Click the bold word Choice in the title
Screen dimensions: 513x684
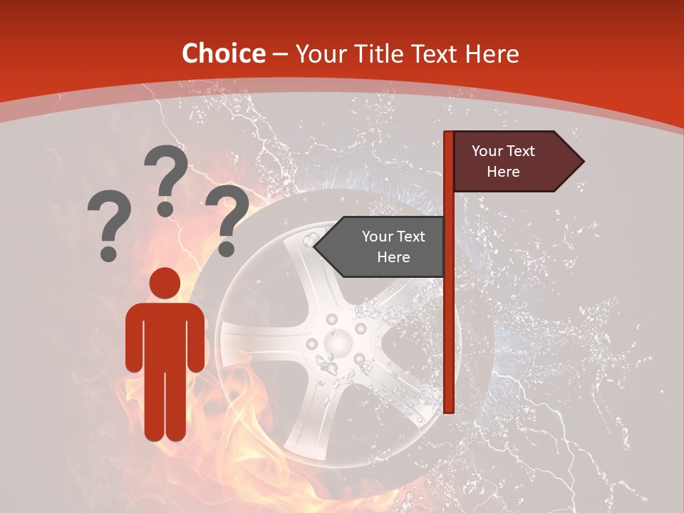pyautogui.click(x=223, y=54)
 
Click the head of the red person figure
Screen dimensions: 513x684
pyautogui.click(x=165, y=283)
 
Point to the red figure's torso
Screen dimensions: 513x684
pyautogui.click(x=165, y=335)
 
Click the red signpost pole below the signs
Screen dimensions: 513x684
pyautogui.click(x=449, y=342)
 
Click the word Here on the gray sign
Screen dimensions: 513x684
pyautogui.click(x=393, y=257)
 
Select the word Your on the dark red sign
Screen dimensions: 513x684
pyautogui.click(x=488, y=151)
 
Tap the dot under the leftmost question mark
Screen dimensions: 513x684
pyautogui.click(x=108, y=252)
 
